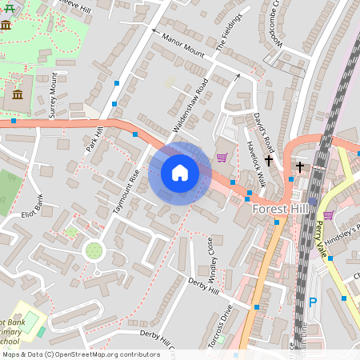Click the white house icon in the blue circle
(180, 173)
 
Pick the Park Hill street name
(95, 138)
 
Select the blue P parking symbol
(313, 302)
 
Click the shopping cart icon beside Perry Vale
(328, 214)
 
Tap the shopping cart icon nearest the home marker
(222, 157)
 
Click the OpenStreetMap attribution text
(81, 354)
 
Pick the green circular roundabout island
(94, 251)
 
